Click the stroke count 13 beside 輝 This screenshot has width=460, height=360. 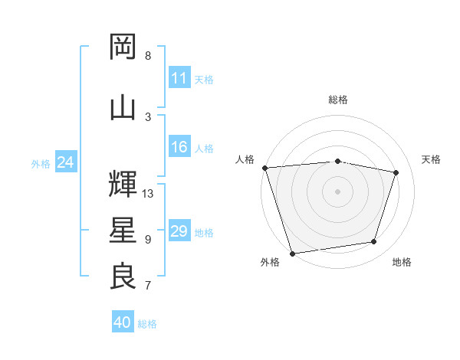point(148,194)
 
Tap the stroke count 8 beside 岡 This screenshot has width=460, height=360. point(148,56)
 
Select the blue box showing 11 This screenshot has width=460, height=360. point(179,78)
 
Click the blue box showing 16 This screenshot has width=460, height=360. point(179,148)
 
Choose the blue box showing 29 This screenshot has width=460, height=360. point(179,231)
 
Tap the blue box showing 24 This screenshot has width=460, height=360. point(65,162)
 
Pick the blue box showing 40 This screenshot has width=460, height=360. point(123,322)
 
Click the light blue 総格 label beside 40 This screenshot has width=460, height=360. point(148,324)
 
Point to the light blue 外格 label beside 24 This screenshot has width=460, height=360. point(41,163)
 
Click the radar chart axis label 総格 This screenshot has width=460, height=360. point(338,100)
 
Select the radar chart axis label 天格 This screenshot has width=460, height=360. point(432,159)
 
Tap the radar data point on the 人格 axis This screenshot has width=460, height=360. point(264,168)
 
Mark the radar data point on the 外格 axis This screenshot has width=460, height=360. point(292,253)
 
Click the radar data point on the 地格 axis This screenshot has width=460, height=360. point(374,242)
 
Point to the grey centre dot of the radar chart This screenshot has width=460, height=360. point(338,191)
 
